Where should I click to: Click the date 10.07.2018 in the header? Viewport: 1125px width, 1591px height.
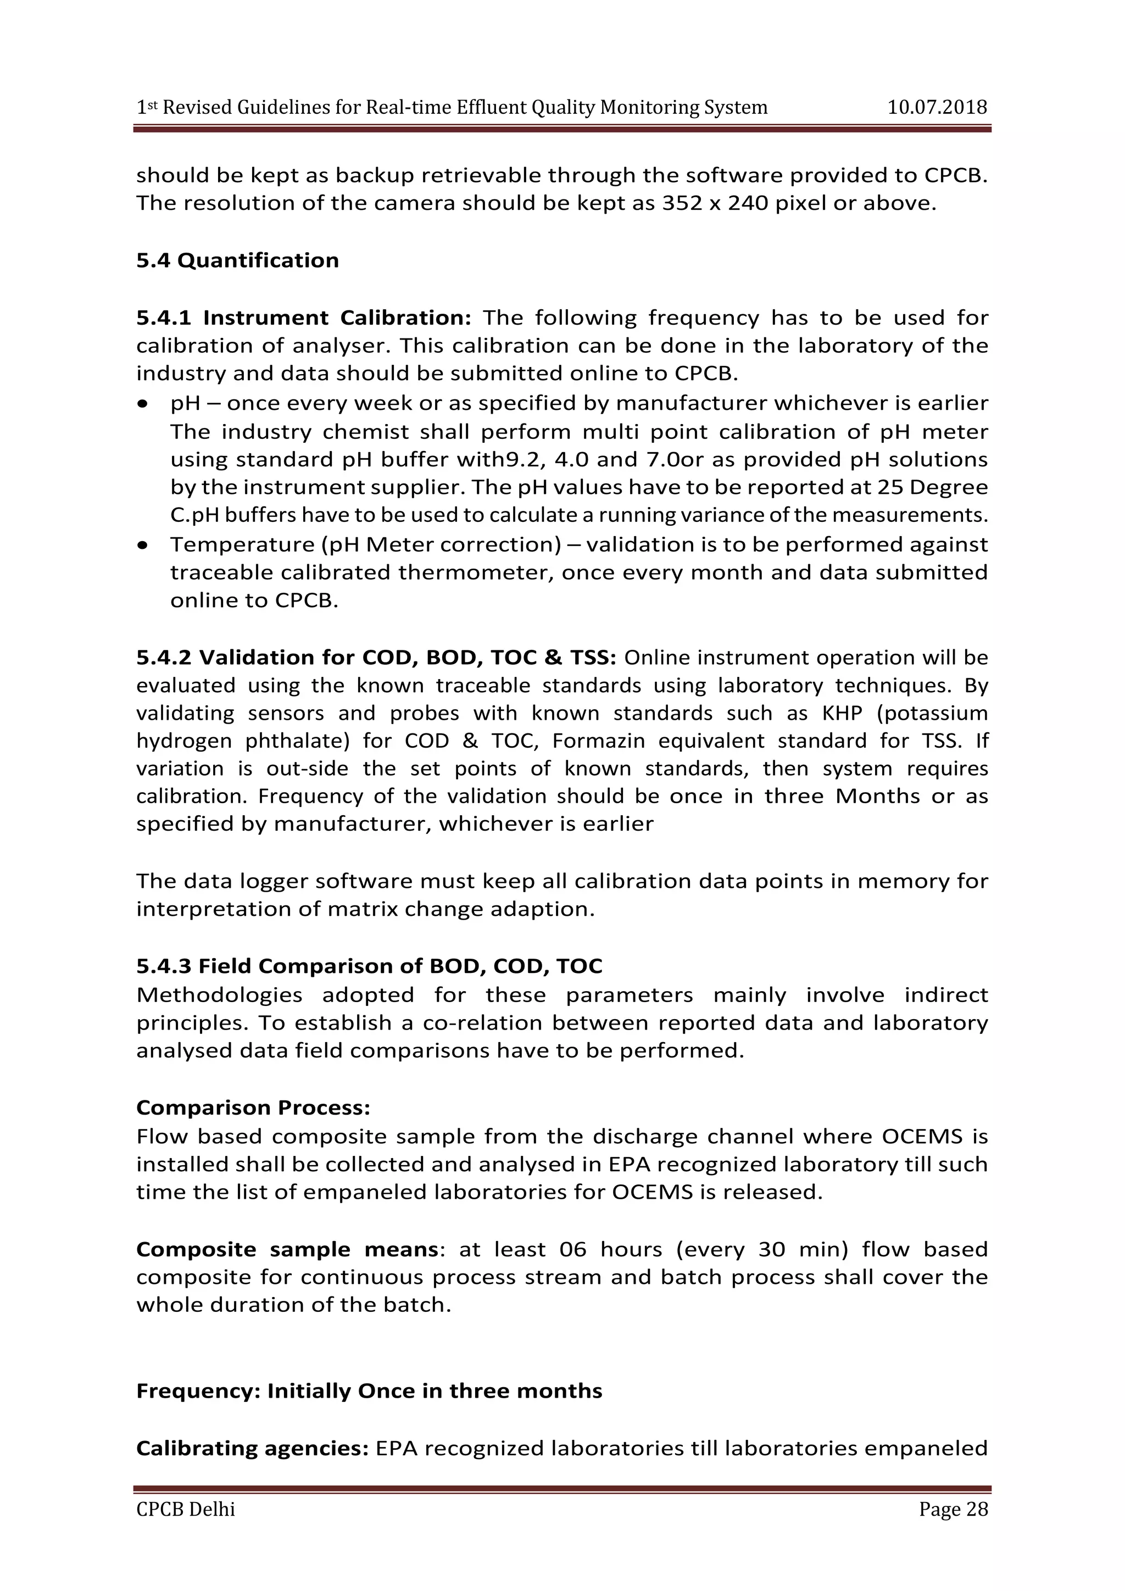[937, 108]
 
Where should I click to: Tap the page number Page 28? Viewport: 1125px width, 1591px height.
[953, 1509]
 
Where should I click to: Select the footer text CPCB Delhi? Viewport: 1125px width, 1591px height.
[186, 1509]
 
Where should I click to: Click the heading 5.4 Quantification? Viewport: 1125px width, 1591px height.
[238, 260]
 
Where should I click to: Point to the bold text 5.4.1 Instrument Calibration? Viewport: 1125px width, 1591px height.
[303, 318]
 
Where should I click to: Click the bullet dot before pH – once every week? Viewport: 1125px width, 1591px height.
[143, 403]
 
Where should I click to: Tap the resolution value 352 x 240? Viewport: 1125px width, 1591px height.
[715, 204]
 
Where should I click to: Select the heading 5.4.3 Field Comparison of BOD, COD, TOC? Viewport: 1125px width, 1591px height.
[369, 966]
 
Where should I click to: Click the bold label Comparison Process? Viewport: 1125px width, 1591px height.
[253, 1108]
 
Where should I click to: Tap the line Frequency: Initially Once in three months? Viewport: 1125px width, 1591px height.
[369, 1390]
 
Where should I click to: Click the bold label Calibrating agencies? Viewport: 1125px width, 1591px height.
[252, 1448]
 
